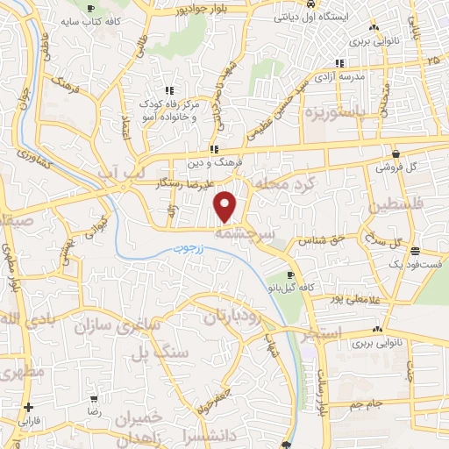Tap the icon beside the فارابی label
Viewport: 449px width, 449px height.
click(x=31, y=407)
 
